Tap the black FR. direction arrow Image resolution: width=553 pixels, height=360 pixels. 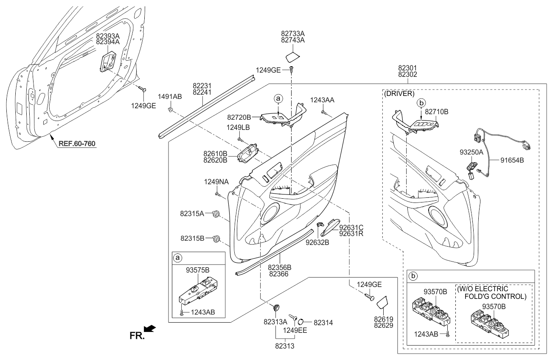[x=150, y=329]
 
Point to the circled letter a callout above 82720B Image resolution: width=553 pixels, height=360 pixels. [x=278, y=98]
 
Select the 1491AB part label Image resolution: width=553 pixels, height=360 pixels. [x=170, y=97]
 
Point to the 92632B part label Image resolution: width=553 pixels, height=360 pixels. [x=317, y=243]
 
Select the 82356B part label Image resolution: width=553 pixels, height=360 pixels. [x=279, y=268]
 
